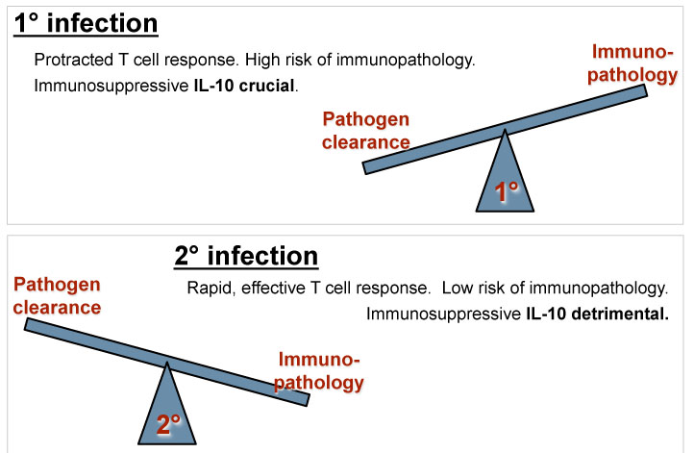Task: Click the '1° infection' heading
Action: pyautogui.click(x=86, y=23)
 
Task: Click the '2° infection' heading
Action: pyautogui.click(x=246, y=256)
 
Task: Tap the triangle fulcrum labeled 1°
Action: pyautogui.click(x=505, y=177)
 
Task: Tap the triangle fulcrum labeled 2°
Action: pyautogui.click(x=167, y=410)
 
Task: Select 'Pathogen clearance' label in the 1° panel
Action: pyautogui.click(x=365, y=131)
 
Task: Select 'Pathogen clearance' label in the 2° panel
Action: pyautogui.click(x=57, y=296)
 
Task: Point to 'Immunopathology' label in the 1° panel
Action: pyautogui.click(x=632, y=63)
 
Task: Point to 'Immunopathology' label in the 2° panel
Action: pyautogui.click(x=319, y=371)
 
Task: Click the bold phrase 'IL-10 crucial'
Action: pyautogui.click(x=244, y=86)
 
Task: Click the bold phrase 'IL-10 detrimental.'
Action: pyautogui.click(x=598, y=314)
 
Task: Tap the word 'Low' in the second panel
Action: pyautogui.click(x=458, y=288)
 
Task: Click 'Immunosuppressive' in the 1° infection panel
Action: pyautogui.click(x=112, y=86)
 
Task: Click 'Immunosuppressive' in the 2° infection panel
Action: pyautogui.click(x=443, y=314)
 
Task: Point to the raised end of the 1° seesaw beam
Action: pyautogui.click(x=645, y=90)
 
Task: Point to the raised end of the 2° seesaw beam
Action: pyautogui.click(x=27, y=324)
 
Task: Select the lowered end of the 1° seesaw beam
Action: pyautogui.click(x=364, y=167)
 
